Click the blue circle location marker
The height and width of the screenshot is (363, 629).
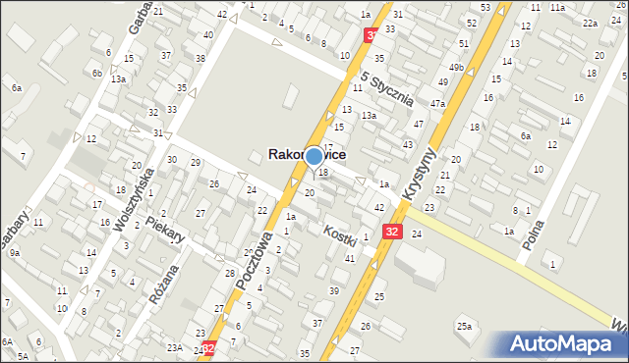[x=314, y=155]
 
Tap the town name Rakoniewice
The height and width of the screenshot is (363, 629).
[x=307, y=154]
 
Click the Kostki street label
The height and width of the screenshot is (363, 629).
[x=340, y=234]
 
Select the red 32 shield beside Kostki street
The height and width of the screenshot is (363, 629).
[x=392, y=232]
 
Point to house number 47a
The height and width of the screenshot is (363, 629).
[x=437, y=103]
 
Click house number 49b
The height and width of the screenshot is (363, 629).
[x=456, y=67]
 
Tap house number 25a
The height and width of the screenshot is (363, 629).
[x=463, y=326]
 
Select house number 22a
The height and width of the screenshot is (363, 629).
[x=590, y=23]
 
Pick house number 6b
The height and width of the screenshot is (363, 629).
[x=96, y=74]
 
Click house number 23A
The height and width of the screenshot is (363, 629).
[x=174, y=347]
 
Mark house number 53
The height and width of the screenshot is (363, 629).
[x=486, y=8]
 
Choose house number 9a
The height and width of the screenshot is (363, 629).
[x=15, y=252]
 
